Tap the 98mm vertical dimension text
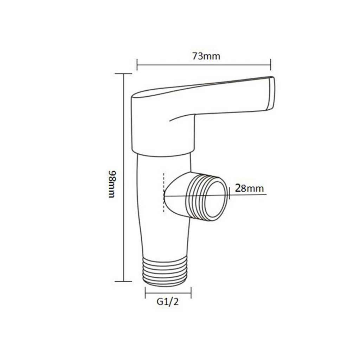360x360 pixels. pyautogui.click(x=111, y=184)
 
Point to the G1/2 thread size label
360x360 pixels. pyautogui.click(x=168, y=302)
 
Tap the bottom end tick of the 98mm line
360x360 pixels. pyautogui.click(x=123, y=281)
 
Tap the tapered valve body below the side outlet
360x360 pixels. pyautogui.click(x=163, y=239)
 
